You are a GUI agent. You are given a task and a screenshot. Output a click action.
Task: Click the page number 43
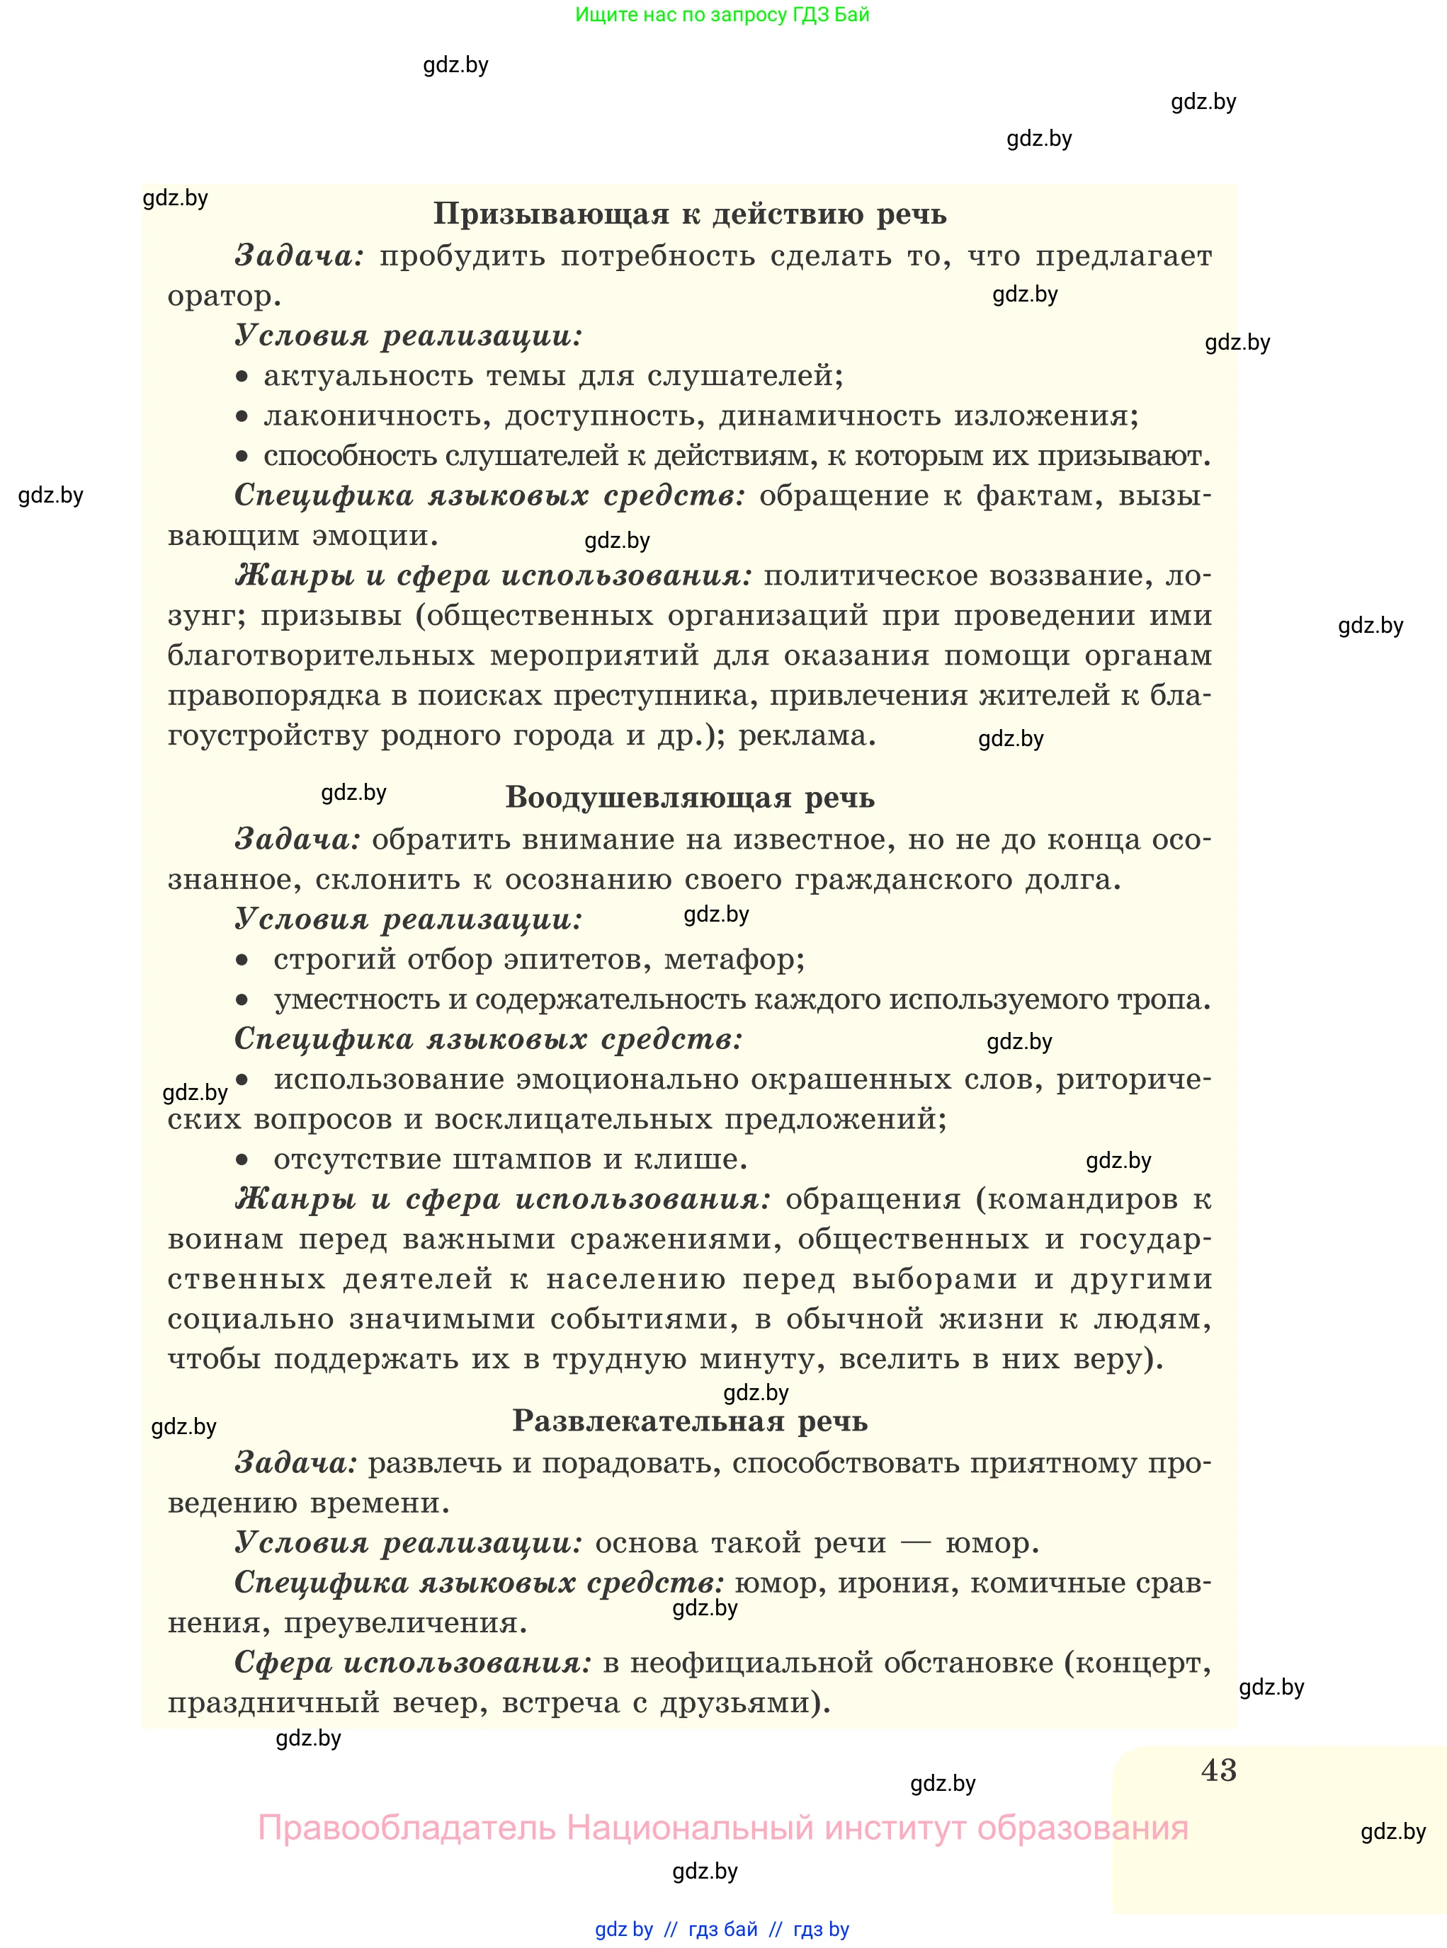[x=1218, y=1770]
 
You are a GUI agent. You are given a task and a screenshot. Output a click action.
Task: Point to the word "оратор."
[x=225, y=297]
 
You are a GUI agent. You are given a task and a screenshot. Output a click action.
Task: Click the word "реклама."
[x=807, y=735]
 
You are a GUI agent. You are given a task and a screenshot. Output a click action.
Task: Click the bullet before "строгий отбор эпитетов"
[x=243, y=961]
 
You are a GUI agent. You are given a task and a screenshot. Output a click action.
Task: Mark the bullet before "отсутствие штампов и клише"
[x=243, y=1160]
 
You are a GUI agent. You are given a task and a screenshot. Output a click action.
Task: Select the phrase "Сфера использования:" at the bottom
[x=412, y=1663]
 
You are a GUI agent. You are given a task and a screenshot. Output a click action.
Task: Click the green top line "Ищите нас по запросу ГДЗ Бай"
[x=722, y=15]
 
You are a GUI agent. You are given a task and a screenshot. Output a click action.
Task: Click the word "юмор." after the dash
[x=992, y=1542]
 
